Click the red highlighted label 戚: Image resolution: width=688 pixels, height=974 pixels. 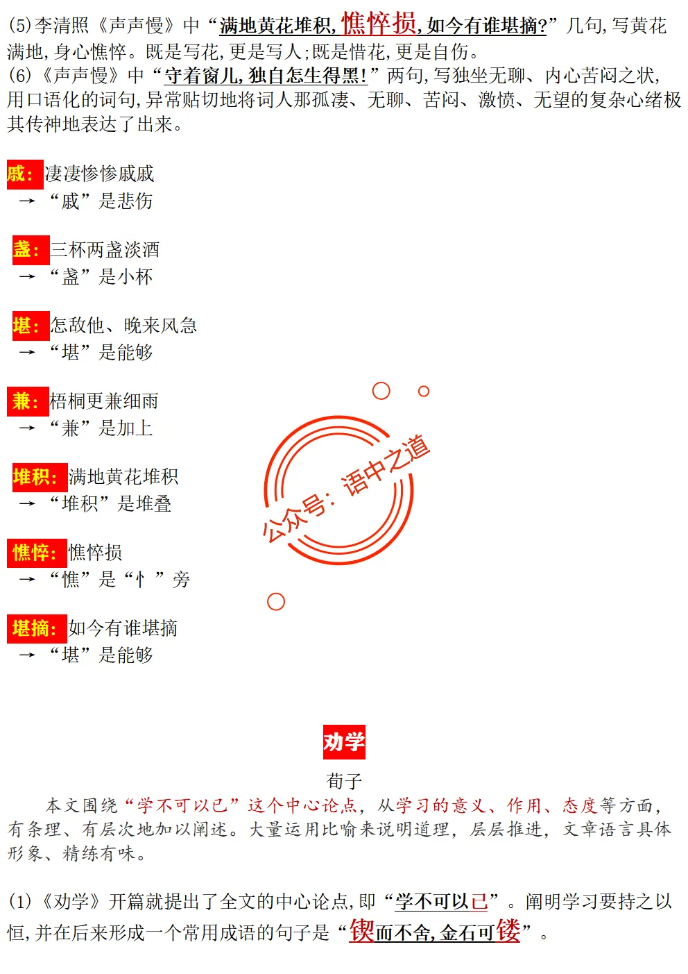(x=25, y=174)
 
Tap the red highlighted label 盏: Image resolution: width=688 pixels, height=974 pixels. (x=31, y=249)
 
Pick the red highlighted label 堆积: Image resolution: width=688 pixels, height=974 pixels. (x=37, y=477)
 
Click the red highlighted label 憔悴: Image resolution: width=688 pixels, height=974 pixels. (x=37, y=553)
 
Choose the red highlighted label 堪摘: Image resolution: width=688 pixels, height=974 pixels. (x=37, y=628)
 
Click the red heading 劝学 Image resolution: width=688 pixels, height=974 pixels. (x=343, y=742)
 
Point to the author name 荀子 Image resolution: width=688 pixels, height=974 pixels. (x=344, y=781)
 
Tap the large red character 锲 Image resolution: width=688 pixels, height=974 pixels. (x=362, y=931)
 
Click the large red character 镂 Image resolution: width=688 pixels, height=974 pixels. (x=508, y=931)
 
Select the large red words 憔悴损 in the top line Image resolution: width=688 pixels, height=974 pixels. (x=379, y=24)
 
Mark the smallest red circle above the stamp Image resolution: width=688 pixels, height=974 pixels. (x=424, y=392)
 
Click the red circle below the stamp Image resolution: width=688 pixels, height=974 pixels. (x=276, y=602)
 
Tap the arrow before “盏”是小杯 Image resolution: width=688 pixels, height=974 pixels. (x=27, y=277)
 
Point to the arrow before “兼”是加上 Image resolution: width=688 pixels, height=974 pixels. (x=27, y=428)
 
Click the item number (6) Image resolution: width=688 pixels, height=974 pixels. (x=20, y=75)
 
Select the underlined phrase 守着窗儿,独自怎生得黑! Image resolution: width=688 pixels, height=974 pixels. (x=266, y=76)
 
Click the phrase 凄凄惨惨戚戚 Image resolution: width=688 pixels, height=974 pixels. (x=99, y=174)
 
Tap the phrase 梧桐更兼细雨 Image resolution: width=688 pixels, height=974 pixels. (x=104, y=401)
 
